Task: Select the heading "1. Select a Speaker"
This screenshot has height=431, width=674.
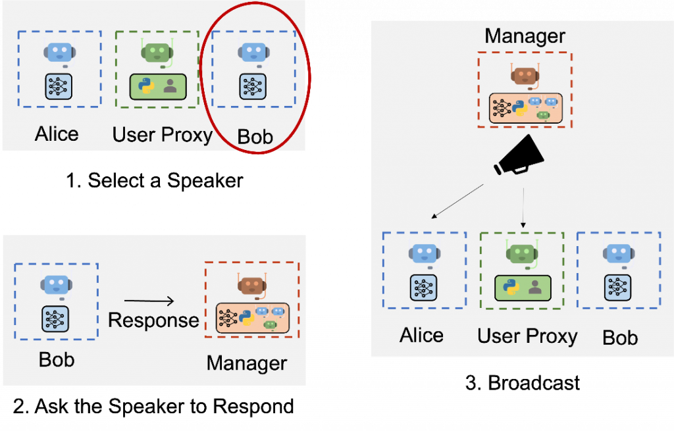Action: tap(155, 180)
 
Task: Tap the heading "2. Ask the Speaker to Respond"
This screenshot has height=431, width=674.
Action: tap(153, 406)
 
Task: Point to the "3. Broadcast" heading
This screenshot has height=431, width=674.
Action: tap(523, 382)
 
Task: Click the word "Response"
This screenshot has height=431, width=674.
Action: tap(153, 320)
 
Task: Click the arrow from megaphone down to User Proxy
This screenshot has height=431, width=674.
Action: tap(523, 207)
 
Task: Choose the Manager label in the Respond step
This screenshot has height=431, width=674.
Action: tap(247, 363)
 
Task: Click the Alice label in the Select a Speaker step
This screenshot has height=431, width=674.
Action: tap(57, 134)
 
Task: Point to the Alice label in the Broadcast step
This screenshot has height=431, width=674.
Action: tap(422, 335)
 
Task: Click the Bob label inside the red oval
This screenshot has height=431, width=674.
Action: tap(255, 136)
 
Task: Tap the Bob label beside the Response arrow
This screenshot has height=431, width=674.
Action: tap(57, 360)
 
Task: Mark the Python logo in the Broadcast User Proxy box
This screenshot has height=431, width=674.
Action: tap(511, 287)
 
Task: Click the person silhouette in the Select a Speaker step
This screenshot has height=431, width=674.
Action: tap(171, 86)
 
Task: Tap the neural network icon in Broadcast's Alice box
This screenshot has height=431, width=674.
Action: tap(421, 286)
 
